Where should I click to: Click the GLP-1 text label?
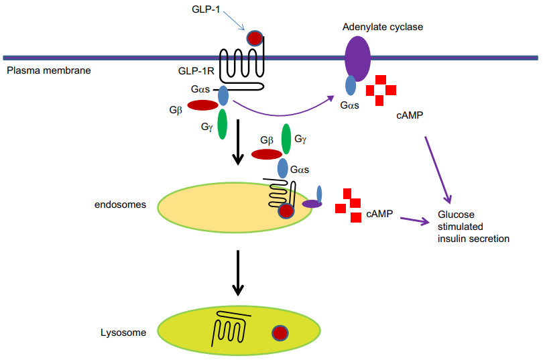click(x=206, y=9)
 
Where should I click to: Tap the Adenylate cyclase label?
click(x=383, y=27)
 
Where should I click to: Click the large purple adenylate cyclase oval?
click(x=357, y=58)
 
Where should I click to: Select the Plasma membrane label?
click(x=49, y=70)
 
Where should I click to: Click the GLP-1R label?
click(x=196, y=71)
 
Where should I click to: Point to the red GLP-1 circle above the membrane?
click(x=255, y=38)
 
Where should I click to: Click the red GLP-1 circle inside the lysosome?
click(x=280, y=333)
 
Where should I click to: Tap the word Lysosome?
click(x=123, y=333)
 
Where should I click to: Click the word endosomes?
click(x=120, y=204)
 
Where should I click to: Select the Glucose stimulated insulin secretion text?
click(x=473, y=227)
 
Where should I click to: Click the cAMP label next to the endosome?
click(x=379, y=214)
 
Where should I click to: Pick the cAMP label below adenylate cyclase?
click(x=410, y=115)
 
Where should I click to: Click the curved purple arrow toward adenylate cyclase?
click(x=280, y=115)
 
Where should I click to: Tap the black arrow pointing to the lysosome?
click(x=238, y=273)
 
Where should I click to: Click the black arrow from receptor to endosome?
click(x=238, y=142)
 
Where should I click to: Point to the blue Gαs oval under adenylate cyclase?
click(x=351, y=86)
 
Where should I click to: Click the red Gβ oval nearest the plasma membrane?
click(x=202, y=105)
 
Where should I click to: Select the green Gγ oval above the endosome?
click(x=286, y=139)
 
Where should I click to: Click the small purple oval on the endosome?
click(x=312, y=204)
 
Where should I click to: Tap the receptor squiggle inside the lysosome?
click(x=231, y=327)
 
